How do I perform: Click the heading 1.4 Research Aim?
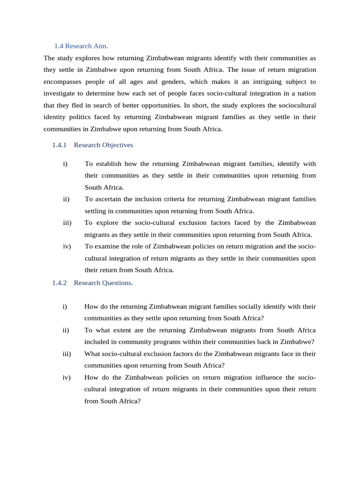pyautogui.click(x=81, y=46)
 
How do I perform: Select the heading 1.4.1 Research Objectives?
pyautogui.click(x=92, y=145)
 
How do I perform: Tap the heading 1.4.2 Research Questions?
pyautogui.click(x=92, y=283)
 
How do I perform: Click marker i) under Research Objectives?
pyautogui.click(x=65, y=164)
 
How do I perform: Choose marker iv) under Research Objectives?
pyautogui.click(x=66, y=246)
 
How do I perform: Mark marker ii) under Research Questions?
pyautogui.click(x=66, y=330)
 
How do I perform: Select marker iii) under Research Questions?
pyautogui.click(x=66, y=353)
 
